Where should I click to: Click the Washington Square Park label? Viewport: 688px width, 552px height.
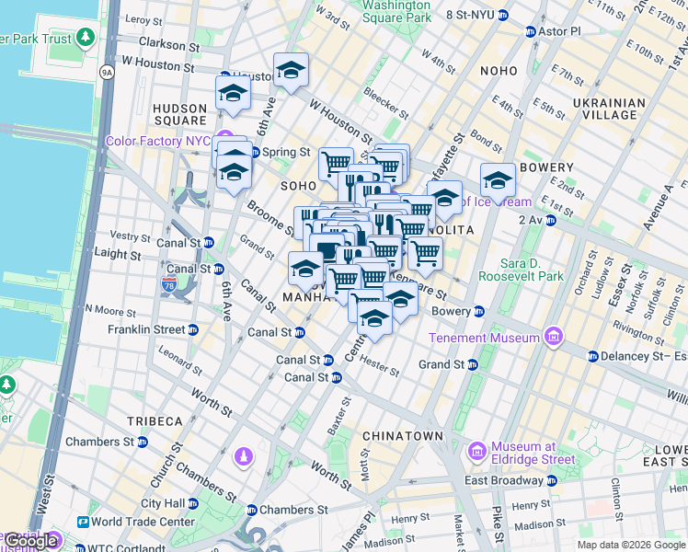(x=396, y=11)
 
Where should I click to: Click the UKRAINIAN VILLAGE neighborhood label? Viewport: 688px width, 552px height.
(x=603, y=109)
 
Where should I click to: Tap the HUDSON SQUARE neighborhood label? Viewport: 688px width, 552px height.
(x=179, y=113)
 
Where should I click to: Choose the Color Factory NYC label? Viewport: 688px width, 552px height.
(x=158, y=141)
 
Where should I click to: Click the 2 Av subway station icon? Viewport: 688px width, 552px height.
(x=551, y=220)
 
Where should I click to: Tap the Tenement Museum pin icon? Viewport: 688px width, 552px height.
(x=552, y=338)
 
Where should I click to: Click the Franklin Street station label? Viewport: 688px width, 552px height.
(x=146, y=329)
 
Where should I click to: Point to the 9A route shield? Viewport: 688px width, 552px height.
(x=107, y=71)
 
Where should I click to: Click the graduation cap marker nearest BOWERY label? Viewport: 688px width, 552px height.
(x=498, y=180)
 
